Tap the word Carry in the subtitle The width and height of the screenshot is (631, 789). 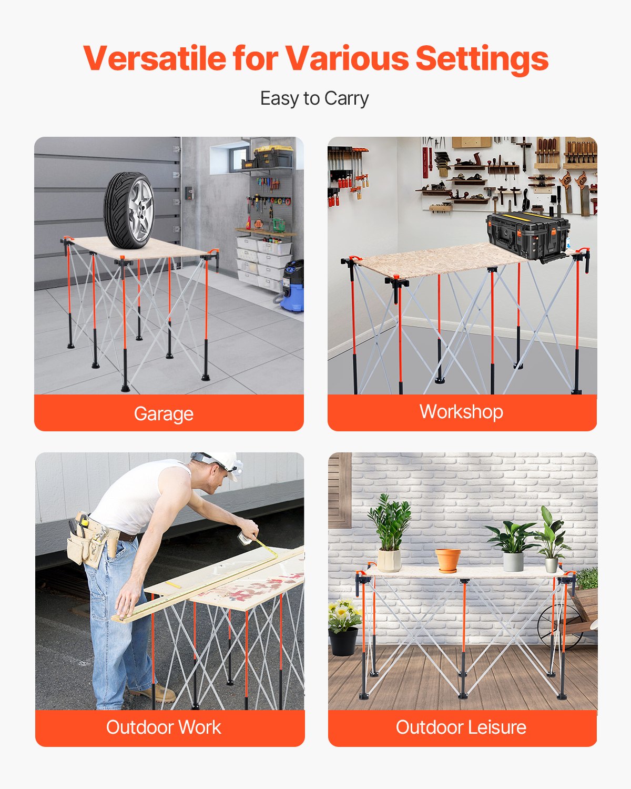pyautogui.click(x=346, y=99)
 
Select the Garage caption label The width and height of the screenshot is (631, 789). pyautogui.click(x=164, y=414)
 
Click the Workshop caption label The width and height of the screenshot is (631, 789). pyautogui.click(x=461, y=412)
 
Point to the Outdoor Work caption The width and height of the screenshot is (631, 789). pyautogui.click(x=164, y=727)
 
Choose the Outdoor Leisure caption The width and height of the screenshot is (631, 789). pyautogui.click(x=461, y=727)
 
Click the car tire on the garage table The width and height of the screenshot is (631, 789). pyautogui.click(x=128, y=209)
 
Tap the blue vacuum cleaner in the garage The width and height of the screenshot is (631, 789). pyautogui.click(x=292, y=287)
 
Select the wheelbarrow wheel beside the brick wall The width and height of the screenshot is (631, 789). pyautogui.click(x=557, y=626)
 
